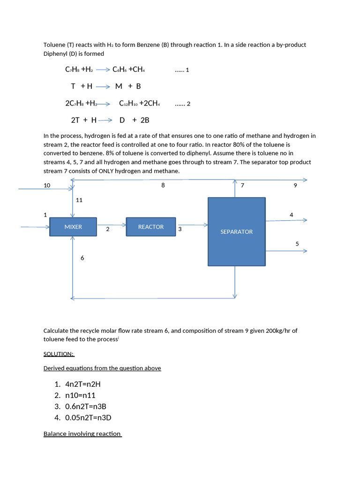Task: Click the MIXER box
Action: tap(73, 227)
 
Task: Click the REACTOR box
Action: tap(151, 227)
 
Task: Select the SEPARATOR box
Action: tap(236, 232)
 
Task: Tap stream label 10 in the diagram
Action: tap(47, 186)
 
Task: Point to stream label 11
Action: tap(79, 200)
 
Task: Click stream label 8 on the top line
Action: tap(163, 186)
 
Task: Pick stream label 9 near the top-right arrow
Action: tap(295, 186)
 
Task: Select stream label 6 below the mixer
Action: tap(82, 258)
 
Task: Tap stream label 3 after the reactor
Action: tap(180, 229)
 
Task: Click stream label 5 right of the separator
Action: tap(297, 244)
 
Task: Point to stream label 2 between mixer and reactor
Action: tap(108, 229)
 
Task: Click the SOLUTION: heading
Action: tap(59, 354)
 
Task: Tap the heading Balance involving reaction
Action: tap(82, 434)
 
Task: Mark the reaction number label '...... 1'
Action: tap(181, 70)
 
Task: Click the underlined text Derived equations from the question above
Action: tap(102, 368)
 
